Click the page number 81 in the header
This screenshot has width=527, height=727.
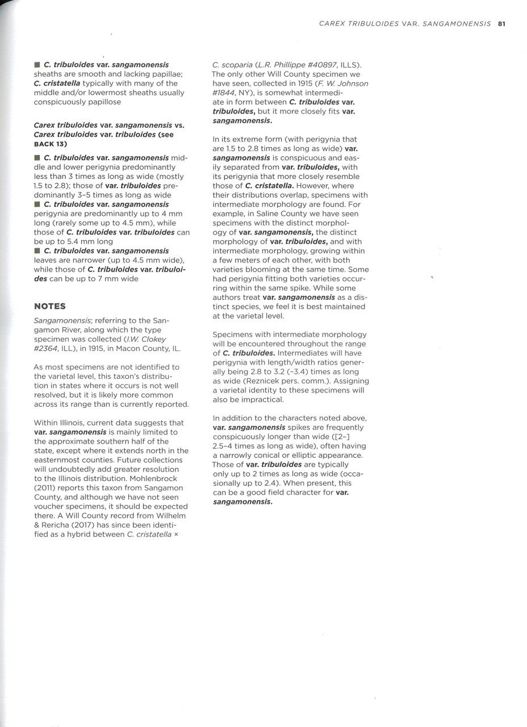point(501,24)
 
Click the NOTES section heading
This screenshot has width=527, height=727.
point(50,306)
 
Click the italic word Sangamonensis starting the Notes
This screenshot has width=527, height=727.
point(61,320)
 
